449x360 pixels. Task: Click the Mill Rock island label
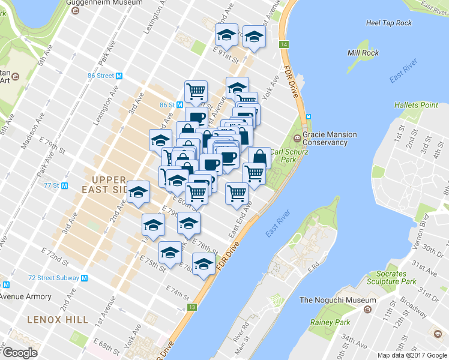tap(363, 53)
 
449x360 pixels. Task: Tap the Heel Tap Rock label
tap(388, 23)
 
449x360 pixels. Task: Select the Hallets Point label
tap(416, 105)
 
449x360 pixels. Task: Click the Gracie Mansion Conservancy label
tap(329, 139)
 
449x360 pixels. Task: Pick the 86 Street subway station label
tap(104, 76)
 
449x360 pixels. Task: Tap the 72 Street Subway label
tap(58, 278)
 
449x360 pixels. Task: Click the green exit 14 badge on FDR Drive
tap(284, 45)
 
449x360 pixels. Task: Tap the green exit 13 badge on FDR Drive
tap(191, 307)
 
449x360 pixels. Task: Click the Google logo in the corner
tap(19, 353)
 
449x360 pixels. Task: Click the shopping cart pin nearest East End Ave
tap(237, 193)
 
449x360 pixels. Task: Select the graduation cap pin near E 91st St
tap(226, 34)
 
